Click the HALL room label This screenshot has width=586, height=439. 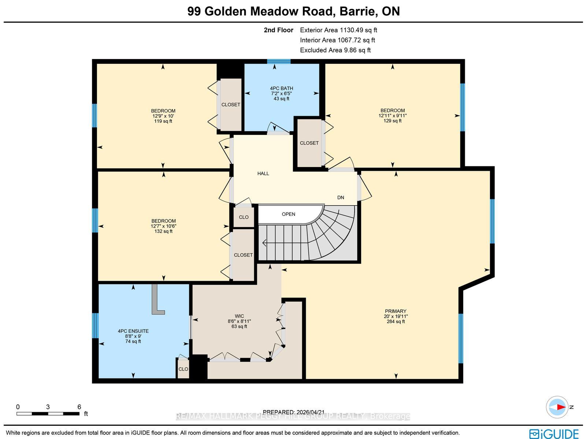coord(263,174)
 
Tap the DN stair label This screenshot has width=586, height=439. coord(340,198)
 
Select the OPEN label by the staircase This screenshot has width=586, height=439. coord(288,214)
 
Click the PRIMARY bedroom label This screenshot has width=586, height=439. coord(396,311)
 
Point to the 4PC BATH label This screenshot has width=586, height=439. coord(281,88)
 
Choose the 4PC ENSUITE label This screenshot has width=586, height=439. coord(133,331)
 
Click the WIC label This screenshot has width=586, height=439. coord(239,316)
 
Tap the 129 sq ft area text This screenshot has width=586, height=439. coord(393,121)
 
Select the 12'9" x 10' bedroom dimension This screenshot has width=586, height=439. coord(163,116)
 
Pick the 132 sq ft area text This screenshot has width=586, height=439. coord(163,231)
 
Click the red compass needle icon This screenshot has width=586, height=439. coord(561,407)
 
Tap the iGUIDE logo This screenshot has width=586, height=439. coord(554,434)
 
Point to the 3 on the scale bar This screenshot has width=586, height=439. coord(48,407)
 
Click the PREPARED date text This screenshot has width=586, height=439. coord(293,412)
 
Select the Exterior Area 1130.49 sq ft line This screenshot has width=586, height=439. coord(338,30)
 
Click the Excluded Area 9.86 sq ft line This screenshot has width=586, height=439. coord(335,50)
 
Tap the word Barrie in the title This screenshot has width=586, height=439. coord(357,11)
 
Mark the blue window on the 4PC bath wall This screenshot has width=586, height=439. coord(279,62)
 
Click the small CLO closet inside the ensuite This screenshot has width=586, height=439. coord(183,369)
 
